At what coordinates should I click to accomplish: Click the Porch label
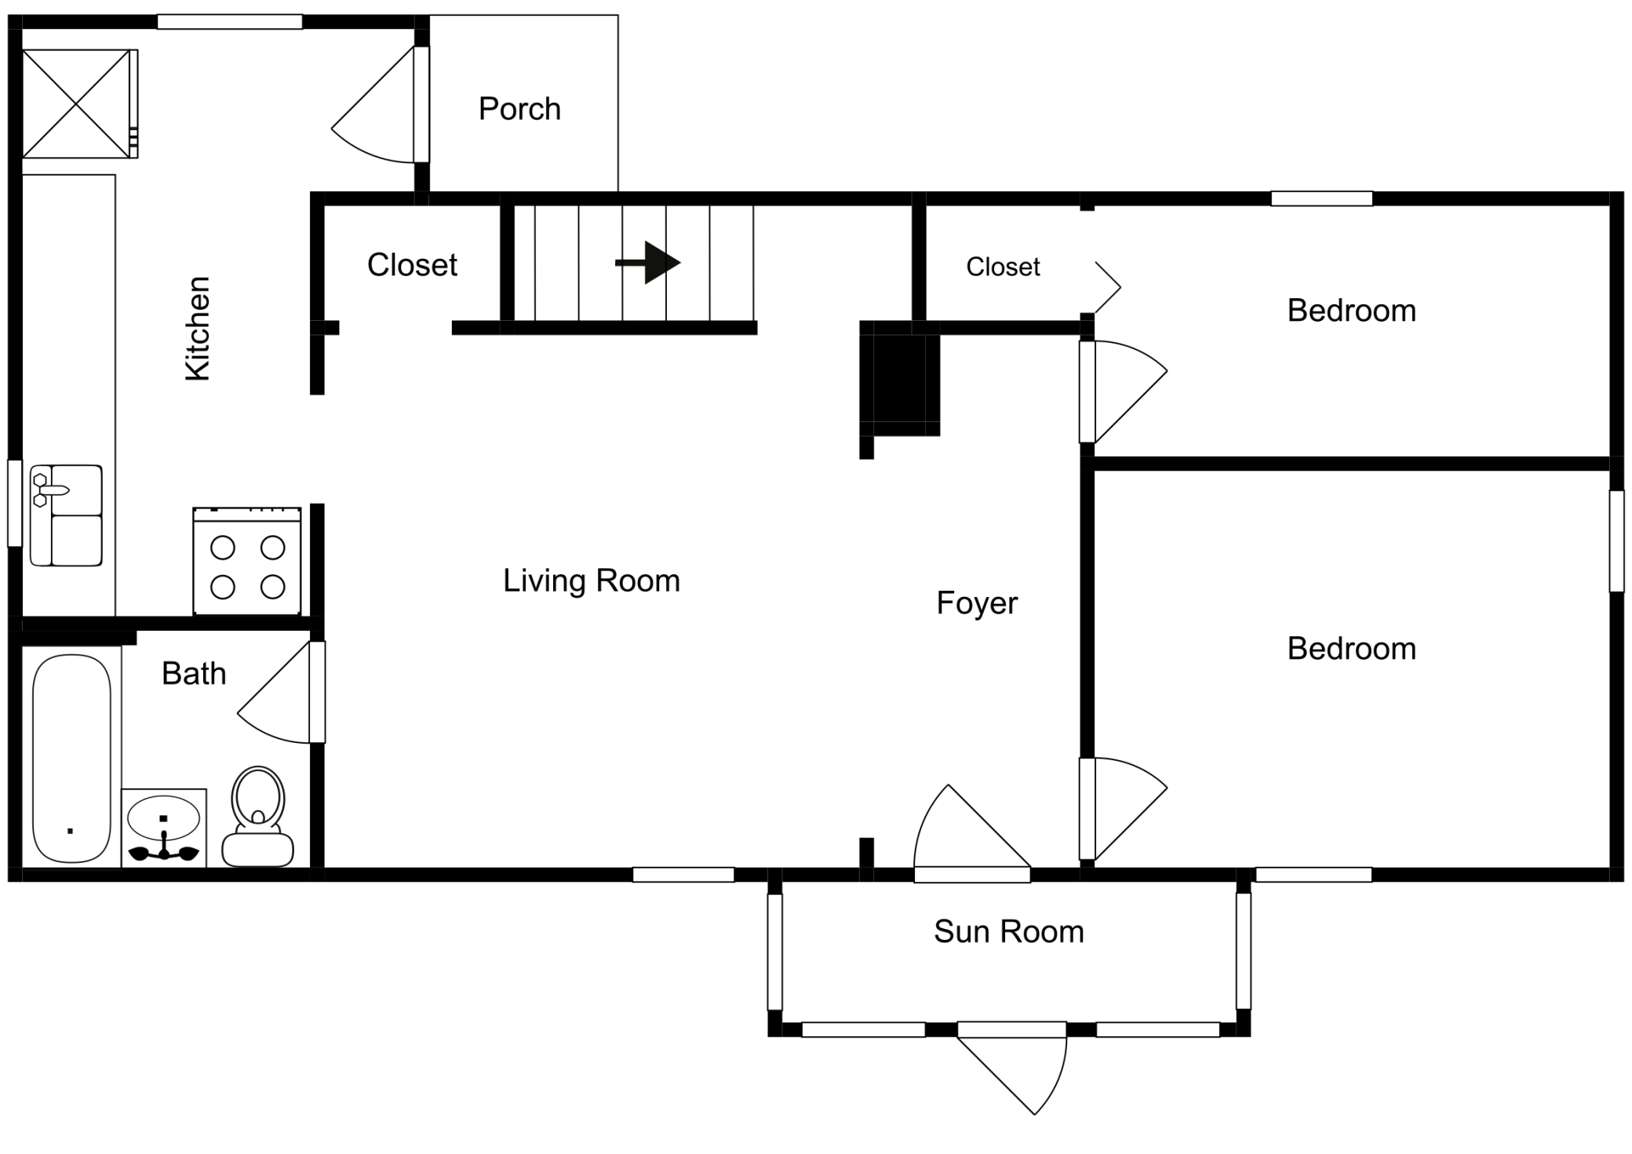click(x=519, y=109)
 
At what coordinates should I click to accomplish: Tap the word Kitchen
click(x=198, y=329)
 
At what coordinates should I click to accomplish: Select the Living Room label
click(x=592, y=581)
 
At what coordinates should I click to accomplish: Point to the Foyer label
click(x=977, y=603)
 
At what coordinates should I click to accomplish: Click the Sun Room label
click(x=1009, y=931)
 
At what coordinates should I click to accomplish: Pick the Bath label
click(x=194, y=673)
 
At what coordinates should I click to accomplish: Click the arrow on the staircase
click(x=647, y=263)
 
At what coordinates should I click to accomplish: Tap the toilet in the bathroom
click(x=258, y=817)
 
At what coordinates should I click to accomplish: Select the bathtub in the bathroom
click(x=71, y=759)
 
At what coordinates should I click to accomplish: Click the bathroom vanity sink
click(x=164, y=828)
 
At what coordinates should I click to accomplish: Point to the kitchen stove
click(x=247, y=561)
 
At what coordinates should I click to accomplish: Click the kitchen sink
click(x=66, y=515)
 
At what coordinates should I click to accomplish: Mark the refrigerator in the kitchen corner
click(x=79, y=104)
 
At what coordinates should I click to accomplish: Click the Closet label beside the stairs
click(x=412, y=265)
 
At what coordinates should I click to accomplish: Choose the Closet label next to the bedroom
click(x=1003, y=267)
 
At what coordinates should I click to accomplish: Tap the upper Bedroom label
click(x=1351, y=311)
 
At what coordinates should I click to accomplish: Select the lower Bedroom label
click(x=1351, y=649)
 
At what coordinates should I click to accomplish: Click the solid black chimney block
click(x=900, y=378)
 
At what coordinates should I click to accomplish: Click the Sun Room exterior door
click(x=1012, y=1068)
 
